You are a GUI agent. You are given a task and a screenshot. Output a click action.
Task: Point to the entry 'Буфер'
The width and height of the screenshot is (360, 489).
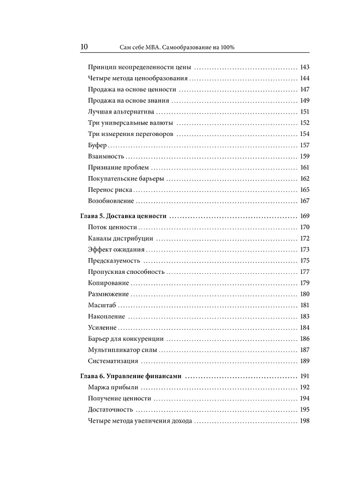click(97, 145)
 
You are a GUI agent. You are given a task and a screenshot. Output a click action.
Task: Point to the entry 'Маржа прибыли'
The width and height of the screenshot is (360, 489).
click(113, 387)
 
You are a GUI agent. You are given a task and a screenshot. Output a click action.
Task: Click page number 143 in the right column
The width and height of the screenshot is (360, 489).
click(305, 67)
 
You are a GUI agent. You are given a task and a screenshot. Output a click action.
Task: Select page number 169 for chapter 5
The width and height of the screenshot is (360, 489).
click(305, 216)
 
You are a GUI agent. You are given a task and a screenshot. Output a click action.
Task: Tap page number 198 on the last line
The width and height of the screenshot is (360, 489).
click(305, 421)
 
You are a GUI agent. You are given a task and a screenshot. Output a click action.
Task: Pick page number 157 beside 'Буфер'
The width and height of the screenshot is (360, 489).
click(305, 145)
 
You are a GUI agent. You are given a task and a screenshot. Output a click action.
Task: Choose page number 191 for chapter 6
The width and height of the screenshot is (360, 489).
click(305, 376)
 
